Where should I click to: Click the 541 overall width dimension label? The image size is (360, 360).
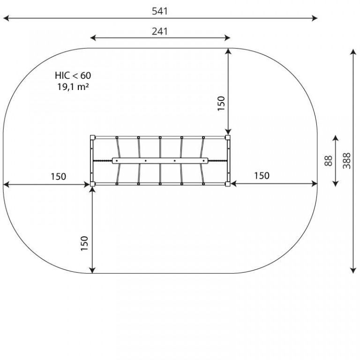pyautogui.click(x=160, y=11)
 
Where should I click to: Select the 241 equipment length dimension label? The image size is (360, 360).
pyautogui.click(x=160, y=31)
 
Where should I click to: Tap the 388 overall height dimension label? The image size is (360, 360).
pyautogui.click(x=347, y=161)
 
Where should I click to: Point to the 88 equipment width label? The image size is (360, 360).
pyautogui.click(x=328, y=161)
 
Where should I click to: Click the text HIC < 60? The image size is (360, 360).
pyautogui.click(x=73, y=75)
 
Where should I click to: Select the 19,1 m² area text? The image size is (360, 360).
pyautogui.click(x=73, y=87)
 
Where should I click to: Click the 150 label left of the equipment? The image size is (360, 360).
pyautogui.click(x=58, y=177)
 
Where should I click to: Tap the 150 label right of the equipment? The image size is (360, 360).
pyautogui.click(x=262, y=176)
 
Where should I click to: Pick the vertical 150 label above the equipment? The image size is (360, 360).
pyautogui.click(x=221, y=104)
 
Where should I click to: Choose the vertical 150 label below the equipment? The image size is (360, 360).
pyautogui.click(x=84, y=243)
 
